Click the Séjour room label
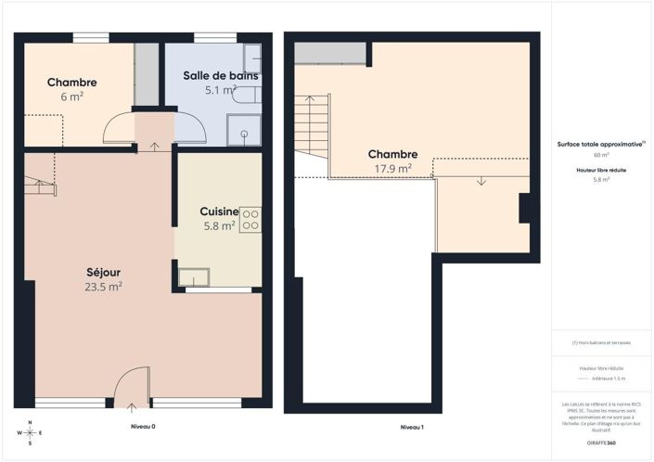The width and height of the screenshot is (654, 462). (x=103, y=273)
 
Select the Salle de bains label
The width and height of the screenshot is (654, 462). (x=220, y=76)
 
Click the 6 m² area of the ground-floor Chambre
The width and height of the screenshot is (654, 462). (x=72, y=96)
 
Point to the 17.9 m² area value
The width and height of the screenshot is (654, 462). (x=392, y=169)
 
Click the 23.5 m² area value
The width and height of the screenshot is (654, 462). (x=103, y=287)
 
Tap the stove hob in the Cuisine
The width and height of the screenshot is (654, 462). (x=250, y=220)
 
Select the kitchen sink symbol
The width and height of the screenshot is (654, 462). (x=194, y=276)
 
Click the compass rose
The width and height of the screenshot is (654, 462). (x=31, y=431)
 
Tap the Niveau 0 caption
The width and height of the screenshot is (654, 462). (x=142, y=427)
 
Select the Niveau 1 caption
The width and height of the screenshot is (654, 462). (x=412, y=427)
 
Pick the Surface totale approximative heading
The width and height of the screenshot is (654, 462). (x=600, y=145)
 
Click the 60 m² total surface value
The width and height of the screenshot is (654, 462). (x=601, y=155)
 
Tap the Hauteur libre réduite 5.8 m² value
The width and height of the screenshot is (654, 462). (x=601, y=180)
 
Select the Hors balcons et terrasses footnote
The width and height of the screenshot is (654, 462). (x=601, y=342)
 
